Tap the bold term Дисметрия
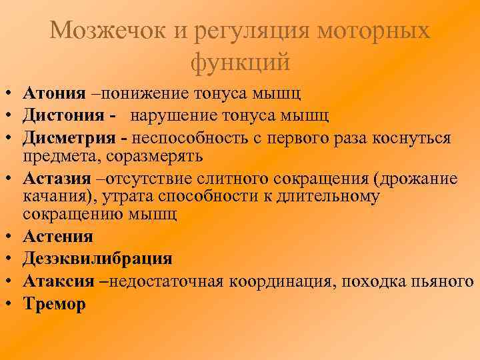(71, 137)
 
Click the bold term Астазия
(58, 179)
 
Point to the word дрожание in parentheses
(419, 179)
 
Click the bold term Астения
(58, 235)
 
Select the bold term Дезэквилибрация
(97, 258)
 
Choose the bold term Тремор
(54, 303)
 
